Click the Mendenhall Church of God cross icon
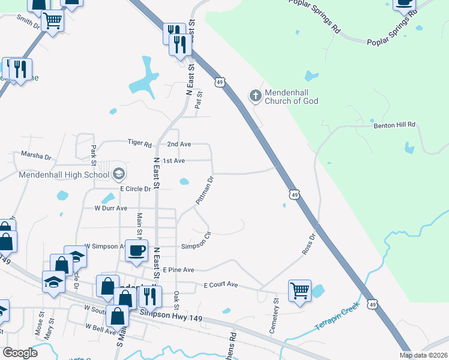point(255,95)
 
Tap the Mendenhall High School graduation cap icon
point(118,175)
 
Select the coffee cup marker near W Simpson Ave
point(136,249)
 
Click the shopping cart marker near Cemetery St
point(300,291)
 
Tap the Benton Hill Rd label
point(394,124)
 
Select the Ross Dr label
point(309,244)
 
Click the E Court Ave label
point(221,284)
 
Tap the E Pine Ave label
point(178,270)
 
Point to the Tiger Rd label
point(139,143)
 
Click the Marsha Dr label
point(36,155)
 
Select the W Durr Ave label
point(111,208)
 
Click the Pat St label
point(199,99)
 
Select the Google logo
point(20,353)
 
